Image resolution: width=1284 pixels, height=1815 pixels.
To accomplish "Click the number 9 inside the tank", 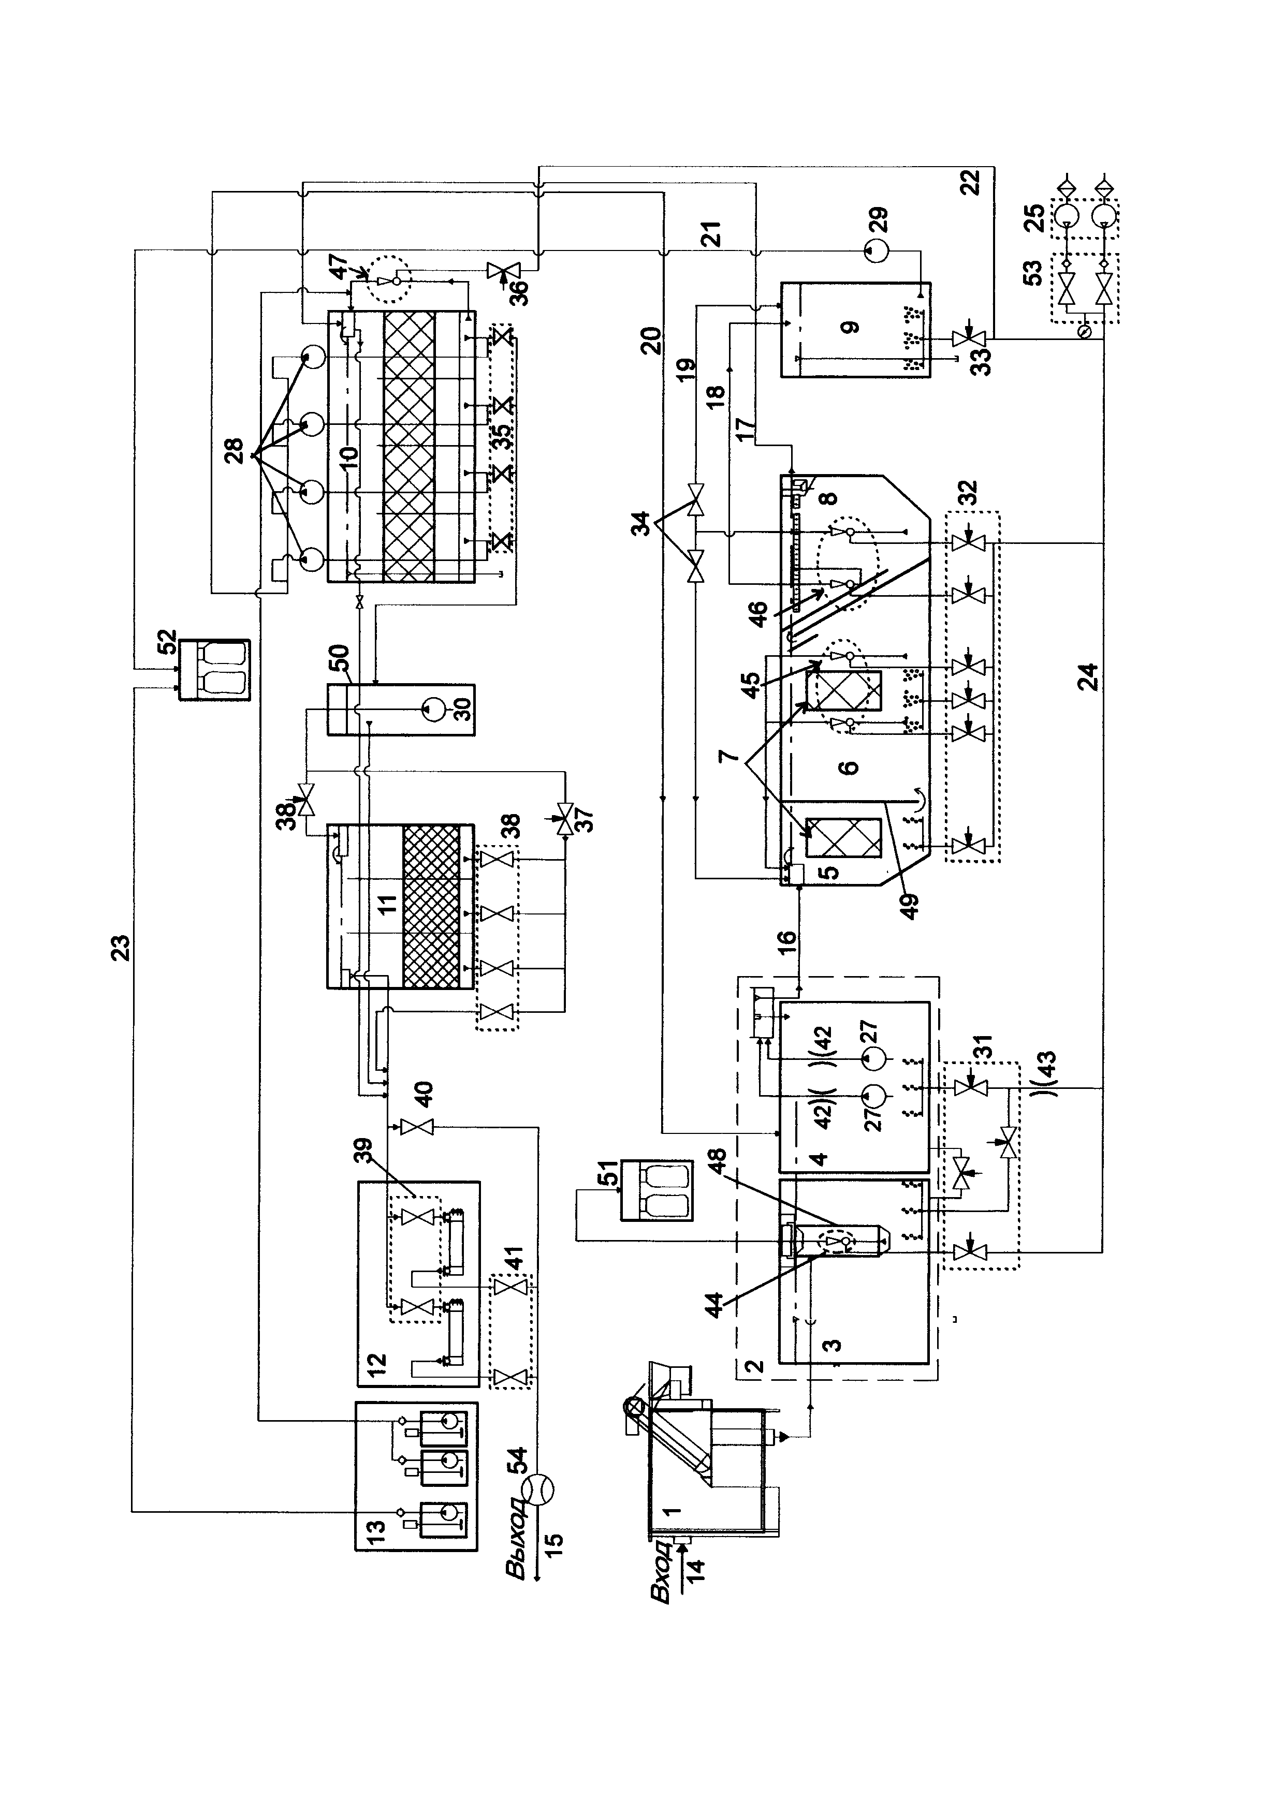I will (x=850, y=327).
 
